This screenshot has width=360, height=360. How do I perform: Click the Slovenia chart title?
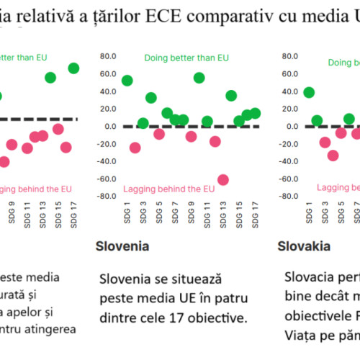point(122,246)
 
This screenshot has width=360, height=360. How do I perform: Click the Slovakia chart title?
point(304,246)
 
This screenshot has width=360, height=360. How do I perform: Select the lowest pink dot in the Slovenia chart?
point(223,180)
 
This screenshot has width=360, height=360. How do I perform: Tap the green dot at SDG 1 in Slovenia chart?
point(127,81)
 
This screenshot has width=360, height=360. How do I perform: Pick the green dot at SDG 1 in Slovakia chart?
point(309,92)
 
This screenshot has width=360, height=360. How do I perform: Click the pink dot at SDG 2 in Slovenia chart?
point(135,148)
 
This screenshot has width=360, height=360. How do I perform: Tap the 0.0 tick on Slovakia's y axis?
point(289,126)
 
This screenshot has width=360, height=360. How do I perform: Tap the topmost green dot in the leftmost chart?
point(73,68)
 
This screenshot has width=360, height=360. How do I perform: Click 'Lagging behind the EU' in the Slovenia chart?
point(168,189)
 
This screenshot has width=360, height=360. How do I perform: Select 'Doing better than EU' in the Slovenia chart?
point(186,58)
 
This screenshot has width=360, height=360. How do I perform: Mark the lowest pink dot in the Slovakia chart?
point(333,155)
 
